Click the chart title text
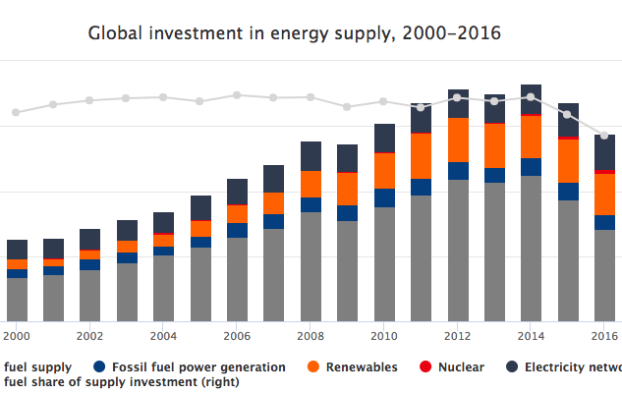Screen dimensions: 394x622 295,33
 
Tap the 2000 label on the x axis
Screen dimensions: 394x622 17,335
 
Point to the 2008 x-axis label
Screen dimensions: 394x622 311,335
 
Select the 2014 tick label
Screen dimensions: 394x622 531,335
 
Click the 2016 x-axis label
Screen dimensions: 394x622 603,335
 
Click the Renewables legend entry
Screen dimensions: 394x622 352,367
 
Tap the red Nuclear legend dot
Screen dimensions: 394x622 425,367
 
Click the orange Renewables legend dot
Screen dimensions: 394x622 313,367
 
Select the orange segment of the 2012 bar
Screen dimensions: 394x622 458,140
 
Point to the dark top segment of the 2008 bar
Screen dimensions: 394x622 311,156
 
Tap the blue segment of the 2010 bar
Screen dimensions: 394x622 384,197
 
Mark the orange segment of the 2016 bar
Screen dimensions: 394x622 604,195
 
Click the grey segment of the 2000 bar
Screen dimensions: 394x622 17,299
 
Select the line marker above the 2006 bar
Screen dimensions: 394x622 237,95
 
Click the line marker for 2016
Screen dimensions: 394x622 604,136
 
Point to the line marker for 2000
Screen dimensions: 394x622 16,113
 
